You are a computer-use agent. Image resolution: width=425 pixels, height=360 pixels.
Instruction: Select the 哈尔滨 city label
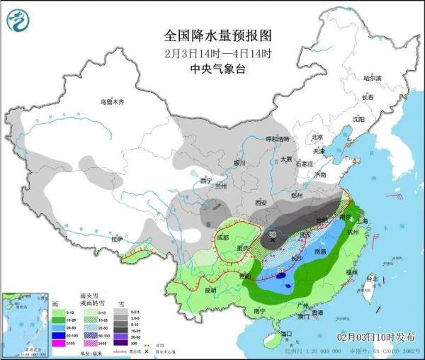(x=372, y=77)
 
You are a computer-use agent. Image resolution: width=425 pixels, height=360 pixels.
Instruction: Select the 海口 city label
(x=285, y=333)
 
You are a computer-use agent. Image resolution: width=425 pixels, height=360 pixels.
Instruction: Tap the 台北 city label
(x=371, y=279)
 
